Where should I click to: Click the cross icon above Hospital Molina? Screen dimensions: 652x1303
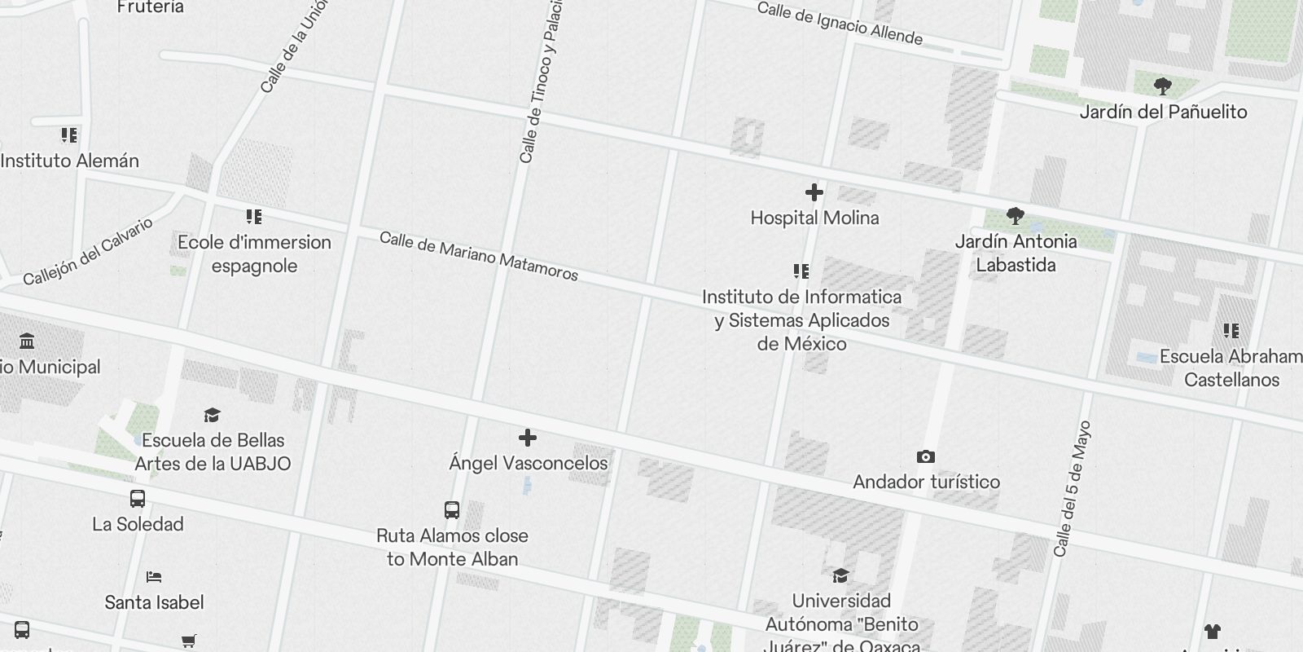[814, 192]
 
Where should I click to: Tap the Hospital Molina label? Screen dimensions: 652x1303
[814, 218]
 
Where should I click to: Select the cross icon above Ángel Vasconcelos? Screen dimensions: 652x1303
[528, 438]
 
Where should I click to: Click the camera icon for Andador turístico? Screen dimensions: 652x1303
[926, 457]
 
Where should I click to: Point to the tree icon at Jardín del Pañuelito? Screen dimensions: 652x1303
[1163, 86]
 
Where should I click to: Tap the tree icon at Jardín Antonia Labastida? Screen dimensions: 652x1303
[1015, 216]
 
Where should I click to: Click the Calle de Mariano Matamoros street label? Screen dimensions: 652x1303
[479, 256]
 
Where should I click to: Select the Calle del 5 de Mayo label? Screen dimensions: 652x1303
[1072, 489]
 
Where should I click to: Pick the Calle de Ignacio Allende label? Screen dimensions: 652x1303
[840, 24]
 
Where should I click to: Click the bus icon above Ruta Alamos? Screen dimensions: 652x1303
[452, 510]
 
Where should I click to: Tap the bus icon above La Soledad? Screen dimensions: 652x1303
[138, 499]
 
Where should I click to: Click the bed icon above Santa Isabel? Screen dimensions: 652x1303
[154, 577]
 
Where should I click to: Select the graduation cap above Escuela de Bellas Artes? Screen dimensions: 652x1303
[213, 416]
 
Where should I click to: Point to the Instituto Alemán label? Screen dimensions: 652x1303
[70, 161]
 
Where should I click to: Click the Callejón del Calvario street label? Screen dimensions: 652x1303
[88, 252]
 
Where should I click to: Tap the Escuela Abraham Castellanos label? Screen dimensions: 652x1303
[1231, 368]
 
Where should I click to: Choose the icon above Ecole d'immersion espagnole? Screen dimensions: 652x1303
[254, 217]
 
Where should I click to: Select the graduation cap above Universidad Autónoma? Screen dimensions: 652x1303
[840, 576]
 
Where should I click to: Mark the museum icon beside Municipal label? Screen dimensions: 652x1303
[27, 341]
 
